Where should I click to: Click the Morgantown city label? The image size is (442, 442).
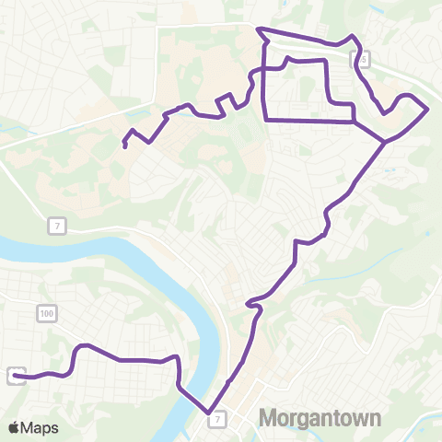[320, 419]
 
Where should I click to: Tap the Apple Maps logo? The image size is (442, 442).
[33, 428]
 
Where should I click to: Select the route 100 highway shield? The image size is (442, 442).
[46, 315]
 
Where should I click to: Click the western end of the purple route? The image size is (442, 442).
[17, 376]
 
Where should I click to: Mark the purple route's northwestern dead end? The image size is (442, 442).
[124, 145]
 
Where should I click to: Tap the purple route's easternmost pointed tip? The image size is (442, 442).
[428, 109]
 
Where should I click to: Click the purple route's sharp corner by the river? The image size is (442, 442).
[209, 413]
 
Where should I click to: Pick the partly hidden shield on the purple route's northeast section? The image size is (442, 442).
[361, 59]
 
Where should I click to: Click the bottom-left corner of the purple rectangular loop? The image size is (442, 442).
[266, 119]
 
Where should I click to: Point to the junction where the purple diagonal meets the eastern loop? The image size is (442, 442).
[383, 142]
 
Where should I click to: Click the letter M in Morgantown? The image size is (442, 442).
[269, 419]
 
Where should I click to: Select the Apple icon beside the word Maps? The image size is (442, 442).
[14, 427]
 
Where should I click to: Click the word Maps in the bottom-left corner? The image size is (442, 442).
[40, 428]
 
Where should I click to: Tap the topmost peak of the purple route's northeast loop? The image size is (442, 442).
[351, 36]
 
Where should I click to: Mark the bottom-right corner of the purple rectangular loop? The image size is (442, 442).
[355, 121]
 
